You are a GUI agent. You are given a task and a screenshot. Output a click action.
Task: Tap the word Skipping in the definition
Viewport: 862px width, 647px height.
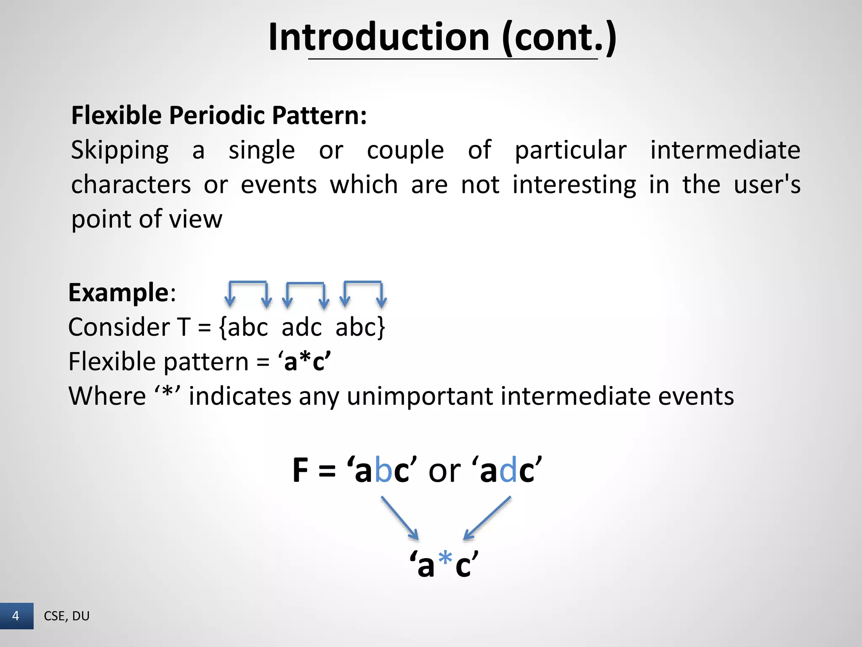(x=120, y=150)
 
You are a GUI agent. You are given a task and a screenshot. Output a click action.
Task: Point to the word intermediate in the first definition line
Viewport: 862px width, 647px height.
(x=725, y=150)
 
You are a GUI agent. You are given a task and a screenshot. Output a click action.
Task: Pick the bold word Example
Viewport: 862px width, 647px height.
(x=119, y=292)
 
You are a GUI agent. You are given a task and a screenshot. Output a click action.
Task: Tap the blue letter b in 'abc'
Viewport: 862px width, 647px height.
(x=383, y=471)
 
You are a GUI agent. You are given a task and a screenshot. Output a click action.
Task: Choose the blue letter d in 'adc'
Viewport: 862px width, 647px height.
(x=508, y=471)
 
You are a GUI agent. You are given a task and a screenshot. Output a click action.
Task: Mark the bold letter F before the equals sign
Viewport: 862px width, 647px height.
(x=301, y=471)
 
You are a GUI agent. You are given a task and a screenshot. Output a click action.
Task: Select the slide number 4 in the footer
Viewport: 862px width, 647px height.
(x=16, y=616)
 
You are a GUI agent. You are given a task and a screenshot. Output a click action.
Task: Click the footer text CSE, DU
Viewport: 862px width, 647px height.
(x=67, y=616)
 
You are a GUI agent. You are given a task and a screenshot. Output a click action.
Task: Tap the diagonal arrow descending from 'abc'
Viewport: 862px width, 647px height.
(x=400, y=518)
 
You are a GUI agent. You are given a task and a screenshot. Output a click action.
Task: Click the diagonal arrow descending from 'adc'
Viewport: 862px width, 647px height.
(x=487, y=518)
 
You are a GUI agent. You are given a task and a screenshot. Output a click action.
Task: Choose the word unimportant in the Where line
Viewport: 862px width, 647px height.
(x=420, y=396)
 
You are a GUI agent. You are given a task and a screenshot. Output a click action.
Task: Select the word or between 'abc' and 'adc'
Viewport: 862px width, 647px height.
(x=444, y=471)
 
